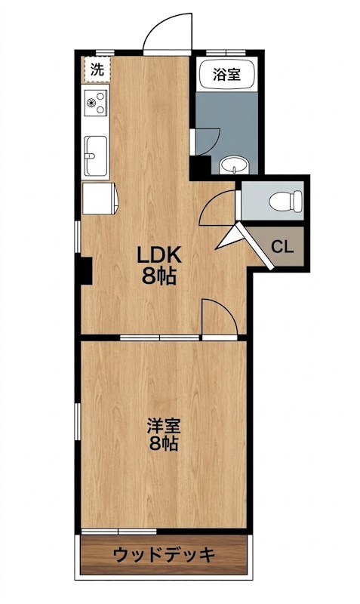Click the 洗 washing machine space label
(97, 69)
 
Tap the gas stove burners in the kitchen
(96, 102)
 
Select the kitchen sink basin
(96, 156)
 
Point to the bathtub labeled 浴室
(226, 74)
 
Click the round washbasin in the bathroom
(234, 166)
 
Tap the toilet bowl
(287, 201)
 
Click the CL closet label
(282, 246)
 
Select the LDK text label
(159, 255)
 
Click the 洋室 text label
(164, 427)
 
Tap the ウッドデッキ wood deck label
(164, 555)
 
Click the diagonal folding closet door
(254, 246)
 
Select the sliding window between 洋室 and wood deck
(119, 532)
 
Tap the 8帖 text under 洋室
(164, 444)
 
